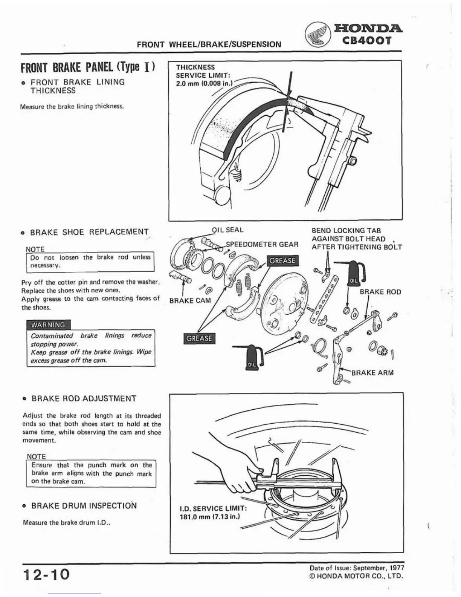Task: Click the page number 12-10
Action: (x=46, y=575)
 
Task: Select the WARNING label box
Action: (x=48, y=325)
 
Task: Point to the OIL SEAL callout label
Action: (x=227, y=230)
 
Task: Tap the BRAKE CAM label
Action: (x=190, y=301)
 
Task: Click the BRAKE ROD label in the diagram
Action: (x=380, y=292)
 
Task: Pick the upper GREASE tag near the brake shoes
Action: (x=282, y=261)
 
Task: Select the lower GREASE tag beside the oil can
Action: (x=200, y=338)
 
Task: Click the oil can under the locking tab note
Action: (x=356, y=272)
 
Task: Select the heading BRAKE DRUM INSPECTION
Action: (x=84, y=505)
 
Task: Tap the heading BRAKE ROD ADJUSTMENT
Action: (x=84, y=398)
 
